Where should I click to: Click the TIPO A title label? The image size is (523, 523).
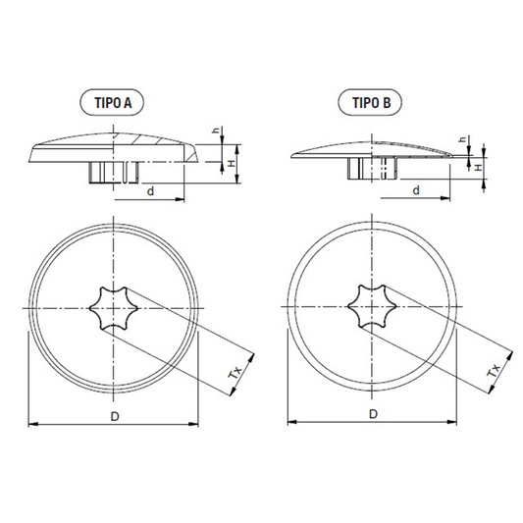112,102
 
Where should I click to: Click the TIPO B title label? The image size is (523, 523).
370,102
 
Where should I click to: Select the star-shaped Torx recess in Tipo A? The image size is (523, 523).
114,308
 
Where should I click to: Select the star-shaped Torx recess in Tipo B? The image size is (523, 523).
372,306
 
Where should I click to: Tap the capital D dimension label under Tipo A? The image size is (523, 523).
115,416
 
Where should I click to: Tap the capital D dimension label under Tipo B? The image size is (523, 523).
373,414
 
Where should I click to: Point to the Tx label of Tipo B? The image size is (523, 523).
494,370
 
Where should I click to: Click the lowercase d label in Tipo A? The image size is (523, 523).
151,191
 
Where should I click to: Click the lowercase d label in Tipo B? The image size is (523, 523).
416,190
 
